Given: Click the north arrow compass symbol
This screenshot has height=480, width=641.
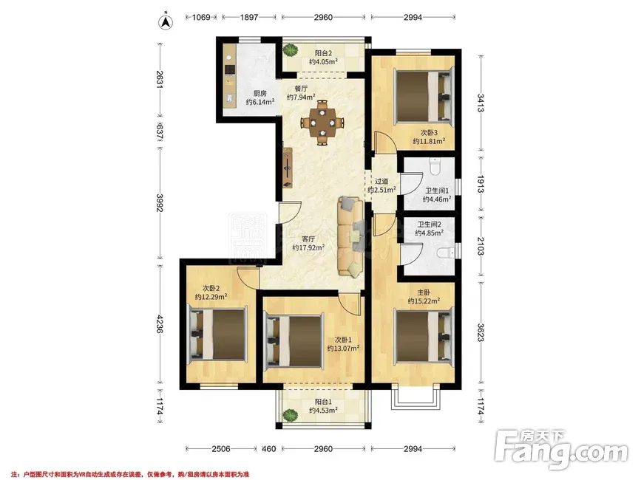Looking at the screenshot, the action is [x=166, y=21].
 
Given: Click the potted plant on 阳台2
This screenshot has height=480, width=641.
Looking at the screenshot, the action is [x=291, y=51].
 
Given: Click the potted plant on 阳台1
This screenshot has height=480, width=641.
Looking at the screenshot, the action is [x=291, y=416].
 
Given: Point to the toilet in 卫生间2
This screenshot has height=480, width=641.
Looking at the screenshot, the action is [x=446, y=254].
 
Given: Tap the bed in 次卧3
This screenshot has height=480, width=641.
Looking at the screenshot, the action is [x=424, y=96].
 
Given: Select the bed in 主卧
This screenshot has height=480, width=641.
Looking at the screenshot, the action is [x=424, y=337].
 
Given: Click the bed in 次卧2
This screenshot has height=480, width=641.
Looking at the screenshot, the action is [x=217, y=334].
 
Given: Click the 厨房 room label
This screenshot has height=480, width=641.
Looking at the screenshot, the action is [x=260, y=94].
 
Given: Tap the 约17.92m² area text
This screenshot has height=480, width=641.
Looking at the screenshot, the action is [x=308, y=247].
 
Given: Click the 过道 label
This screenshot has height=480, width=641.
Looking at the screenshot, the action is [x=381, y=181].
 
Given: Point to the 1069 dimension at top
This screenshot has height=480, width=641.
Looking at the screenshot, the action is [x=200, y=17].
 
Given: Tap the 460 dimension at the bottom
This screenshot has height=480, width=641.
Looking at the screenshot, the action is [x=268, y=449].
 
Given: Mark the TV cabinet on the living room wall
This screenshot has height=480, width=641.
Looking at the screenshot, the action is [x=288, y=168].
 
